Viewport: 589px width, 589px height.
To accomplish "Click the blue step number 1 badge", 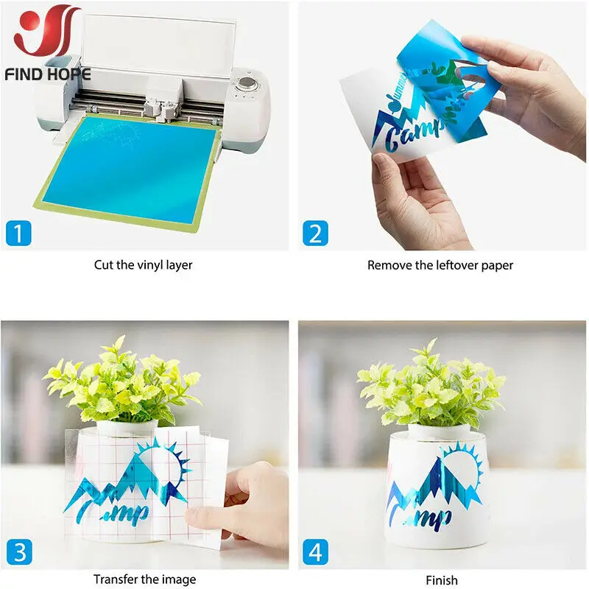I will [18, 234].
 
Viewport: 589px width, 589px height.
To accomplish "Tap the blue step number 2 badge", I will [315, 234].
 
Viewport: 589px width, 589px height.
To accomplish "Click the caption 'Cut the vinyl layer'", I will [143, 265].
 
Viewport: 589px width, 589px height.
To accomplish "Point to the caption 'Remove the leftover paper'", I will [440, 265].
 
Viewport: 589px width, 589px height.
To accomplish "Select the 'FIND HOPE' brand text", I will [47, 74].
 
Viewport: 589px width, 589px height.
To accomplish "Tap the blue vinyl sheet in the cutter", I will [125, 169].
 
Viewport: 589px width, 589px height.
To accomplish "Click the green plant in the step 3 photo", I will [121, 383].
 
